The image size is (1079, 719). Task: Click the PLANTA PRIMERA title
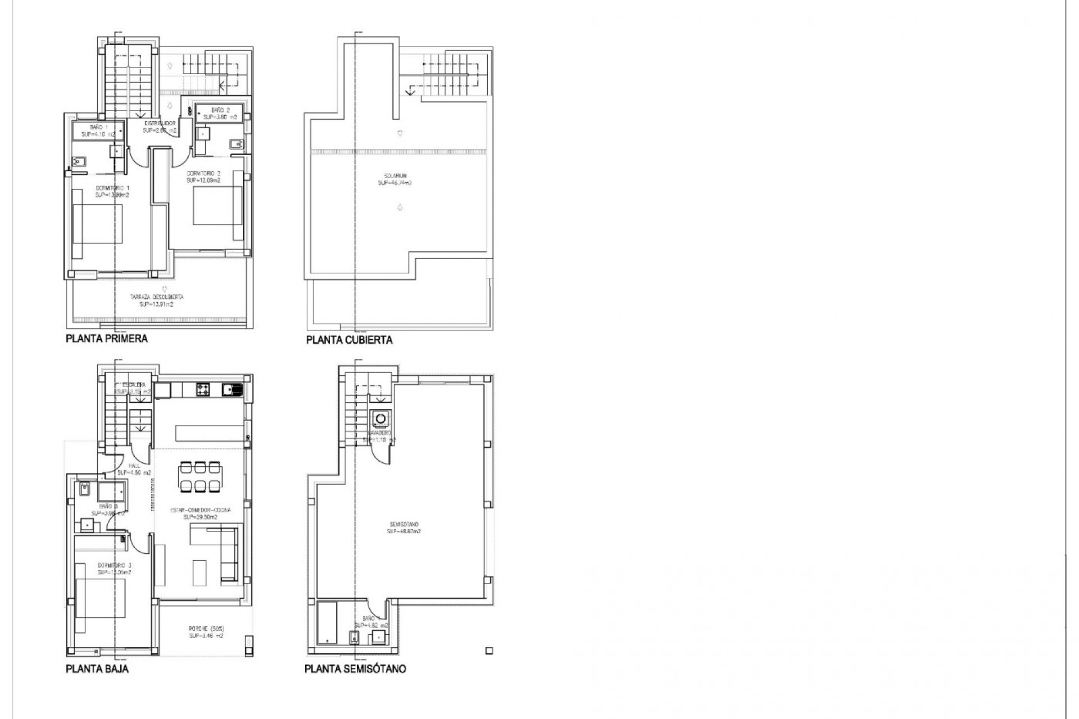pyautogui.click(x=107, y=339)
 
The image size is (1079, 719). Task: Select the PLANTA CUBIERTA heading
pyautogui.click(x=349, y=340)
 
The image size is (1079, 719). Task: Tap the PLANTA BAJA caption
pyautogui.click(x=97, y=669)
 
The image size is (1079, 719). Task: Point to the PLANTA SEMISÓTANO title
pyautogui.click(x=355, y=669)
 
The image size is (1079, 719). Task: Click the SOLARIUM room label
pyautogui.click(x=395, y=179)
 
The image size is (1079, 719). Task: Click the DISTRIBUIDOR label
pyautogui.click(x=160, y=126)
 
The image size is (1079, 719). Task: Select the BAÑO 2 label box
pyautogui.click(x=220, y=113)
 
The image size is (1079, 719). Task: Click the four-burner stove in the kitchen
pyautogui.click(x=202, y=389)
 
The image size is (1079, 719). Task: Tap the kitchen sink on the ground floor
pyautogui.click(x=232, y=389)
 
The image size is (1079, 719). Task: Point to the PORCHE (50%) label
pyautogui.click(x=206, y=632)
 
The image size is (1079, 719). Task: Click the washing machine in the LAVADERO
pyautogui.click(x=381, y=419)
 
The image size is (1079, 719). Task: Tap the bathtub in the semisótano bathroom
pyautogui.click(x=327, y=622)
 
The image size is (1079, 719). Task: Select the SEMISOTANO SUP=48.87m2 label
pyautogui.click(x=404, y=527)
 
